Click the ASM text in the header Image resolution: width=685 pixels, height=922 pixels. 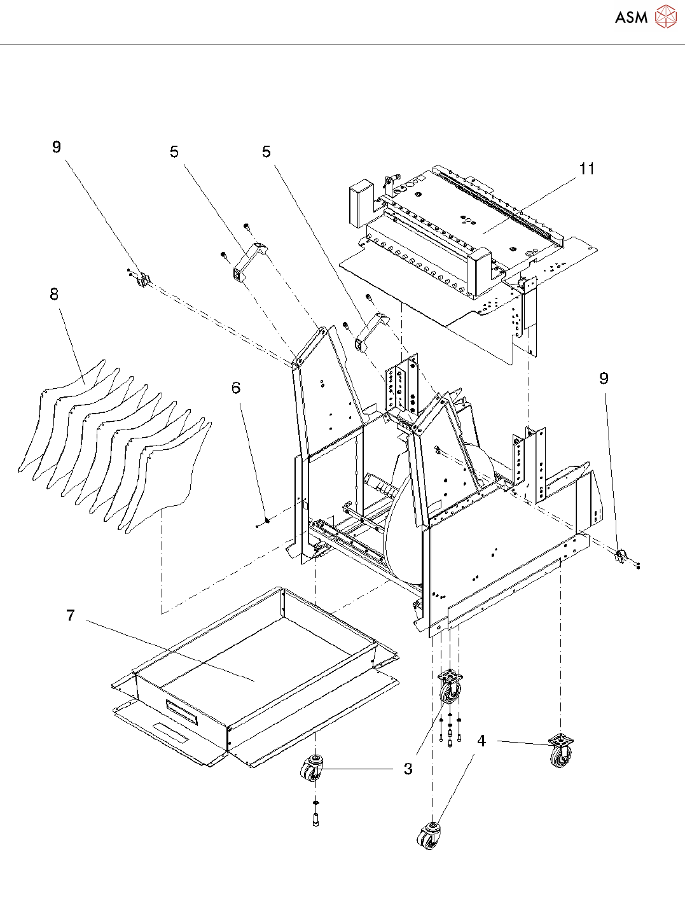click(631, 18)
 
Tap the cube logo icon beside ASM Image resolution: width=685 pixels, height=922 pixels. click(665, 17)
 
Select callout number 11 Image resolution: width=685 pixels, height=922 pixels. click(586, 169)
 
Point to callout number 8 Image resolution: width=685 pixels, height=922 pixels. click(54, 294)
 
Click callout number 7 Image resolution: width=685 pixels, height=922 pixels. click(70, 615)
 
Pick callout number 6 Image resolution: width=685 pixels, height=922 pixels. click(236, 388)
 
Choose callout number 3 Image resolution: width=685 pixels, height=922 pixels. click(408, 769)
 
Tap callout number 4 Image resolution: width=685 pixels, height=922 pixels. click(481, 741)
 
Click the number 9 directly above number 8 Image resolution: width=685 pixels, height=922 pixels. click(57, 147)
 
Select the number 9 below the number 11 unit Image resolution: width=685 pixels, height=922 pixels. click(604, 379)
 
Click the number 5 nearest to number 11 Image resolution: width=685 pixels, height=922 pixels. click(266, 152)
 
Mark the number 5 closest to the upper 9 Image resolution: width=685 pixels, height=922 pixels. click(174, 152)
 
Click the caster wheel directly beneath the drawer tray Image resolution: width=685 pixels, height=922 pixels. click(312, 769)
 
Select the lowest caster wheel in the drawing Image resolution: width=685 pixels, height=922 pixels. click(429, 836)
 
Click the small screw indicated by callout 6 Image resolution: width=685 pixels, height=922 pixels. click(266, 521)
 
